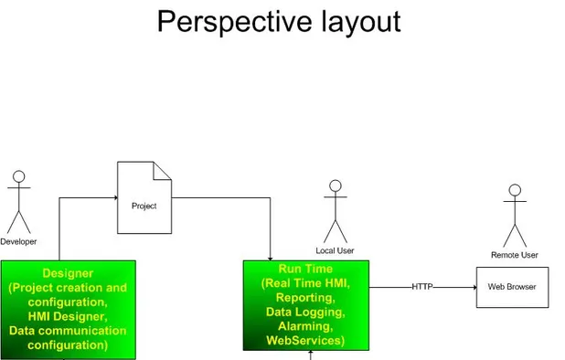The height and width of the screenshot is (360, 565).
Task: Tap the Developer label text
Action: click(x=18, y=242)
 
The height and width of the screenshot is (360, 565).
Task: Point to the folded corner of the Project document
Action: click(x=163, y=170)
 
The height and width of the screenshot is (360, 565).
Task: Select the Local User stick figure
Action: click(x=336, y=212)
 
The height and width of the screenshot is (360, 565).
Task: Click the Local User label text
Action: click(x=336, y=250)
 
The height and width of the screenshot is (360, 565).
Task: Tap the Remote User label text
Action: click(x=515, y=255)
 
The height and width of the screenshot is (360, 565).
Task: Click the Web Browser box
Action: click(x=512, y=287)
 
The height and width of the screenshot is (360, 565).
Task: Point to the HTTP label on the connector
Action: click(x=422, y=287)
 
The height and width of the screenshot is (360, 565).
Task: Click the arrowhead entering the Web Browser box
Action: click(x=473, y=287)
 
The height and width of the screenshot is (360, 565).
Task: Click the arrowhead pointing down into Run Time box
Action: click(x=271, y=257)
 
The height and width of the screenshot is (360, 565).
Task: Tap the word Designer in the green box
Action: click(x=68, y=273)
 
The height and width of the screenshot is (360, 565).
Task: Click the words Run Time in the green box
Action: click(x=305, y=270)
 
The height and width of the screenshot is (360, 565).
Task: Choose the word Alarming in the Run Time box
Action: click(x=305, y=326)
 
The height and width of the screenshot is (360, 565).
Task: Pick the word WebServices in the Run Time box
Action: click(x=305, y=341)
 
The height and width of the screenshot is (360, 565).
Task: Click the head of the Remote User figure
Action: click(x=515, y=191)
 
